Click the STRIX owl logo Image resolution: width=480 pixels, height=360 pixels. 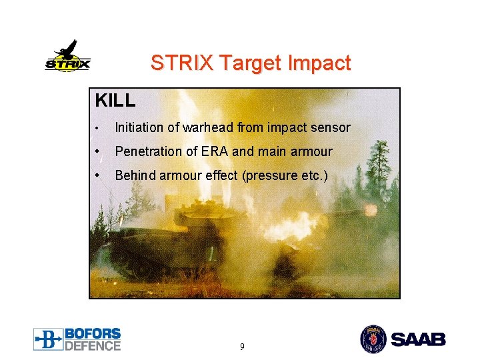click(67, 57)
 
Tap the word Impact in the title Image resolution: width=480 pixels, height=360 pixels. click(319, 63)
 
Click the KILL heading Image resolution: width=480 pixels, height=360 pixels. click(115, 101)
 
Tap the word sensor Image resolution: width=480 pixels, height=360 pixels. click(330, 127)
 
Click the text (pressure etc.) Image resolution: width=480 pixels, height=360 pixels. click(285, 176)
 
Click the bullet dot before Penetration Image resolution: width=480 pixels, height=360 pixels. click(97, 151)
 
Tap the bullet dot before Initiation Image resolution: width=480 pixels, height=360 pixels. click(97, 128)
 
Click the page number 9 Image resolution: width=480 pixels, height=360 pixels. click(241, 347)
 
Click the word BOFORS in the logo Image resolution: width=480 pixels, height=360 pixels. click(93, 333)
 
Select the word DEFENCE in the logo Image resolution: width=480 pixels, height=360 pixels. click(93, 345)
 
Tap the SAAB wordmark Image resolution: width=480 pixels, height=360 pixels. click(418, 339)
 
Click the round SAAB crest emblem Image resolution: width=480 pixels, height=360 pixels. click(373, 339)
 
